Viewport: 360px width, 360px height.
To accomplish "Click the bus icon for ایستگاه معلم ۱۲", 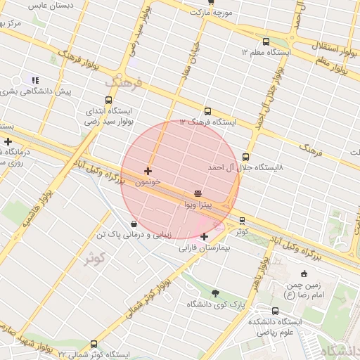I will coord(266,41).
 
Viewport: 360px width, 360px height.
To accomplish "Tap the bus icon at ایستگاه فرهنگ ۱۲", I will coord(207,111).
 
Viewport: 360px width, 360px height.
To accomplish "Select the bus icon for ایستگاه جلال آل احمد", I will coord(245,157).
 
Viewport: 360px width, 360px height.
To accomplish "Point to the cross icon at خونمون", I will coord(148,171).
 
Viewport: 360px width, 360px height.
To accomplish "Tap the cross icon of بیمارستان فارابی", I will coord(204,237).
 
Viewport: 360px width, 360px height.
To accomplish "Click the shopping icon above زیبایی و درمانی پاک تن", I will coord(134,224).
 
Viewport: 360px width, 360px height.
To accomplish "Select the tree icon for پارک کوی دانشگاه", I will coord(215,293).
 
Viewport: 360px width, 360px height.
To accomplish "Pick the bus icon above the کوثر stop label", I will coord(243,220).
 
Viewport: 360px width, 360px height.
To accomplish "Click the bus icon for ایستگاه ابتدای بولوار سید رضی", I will coord(108,100).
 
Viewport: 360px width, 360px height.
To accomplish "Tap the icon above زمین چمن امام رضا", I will coord(304,274).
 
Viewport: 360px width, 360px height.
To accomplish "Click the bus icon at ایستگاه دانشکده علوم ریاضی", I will coord(275,311).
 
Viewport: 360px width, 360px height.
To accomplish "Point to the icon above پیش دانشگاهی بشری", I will coord(35,81).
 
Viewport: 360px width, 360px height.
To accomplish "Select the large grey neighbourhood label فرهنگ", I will coord(123,82).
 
